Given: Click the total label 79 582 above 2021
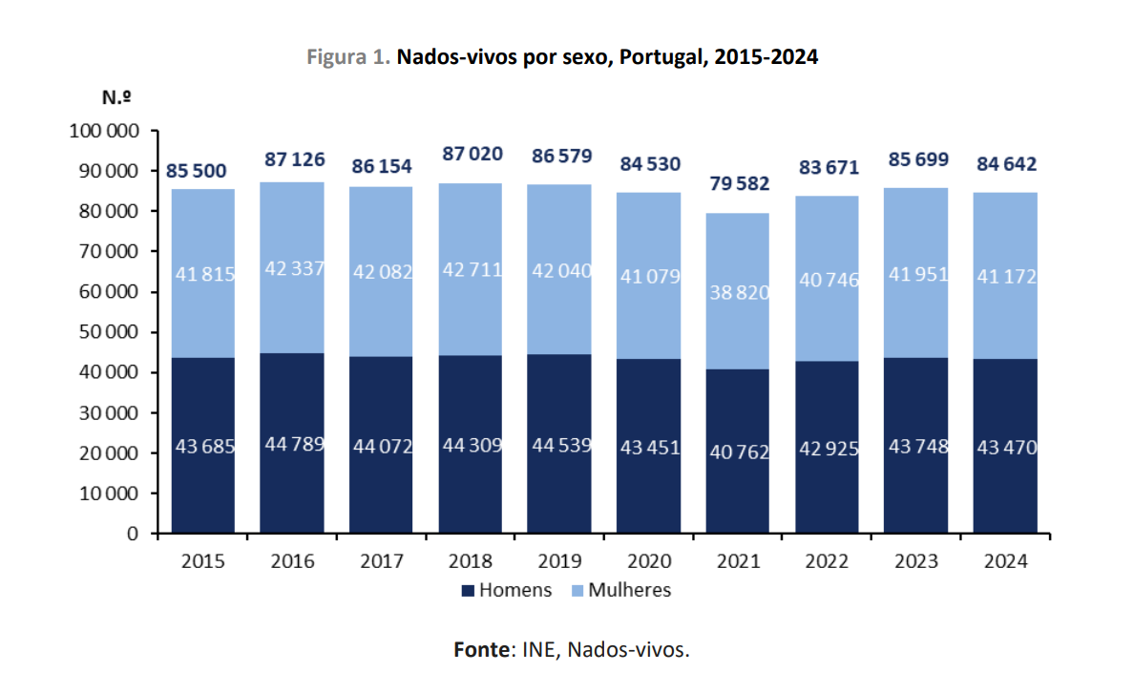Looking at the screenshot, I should tap(737, 183).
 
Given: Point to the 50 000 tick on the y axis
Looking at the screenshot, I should tap(106, 332).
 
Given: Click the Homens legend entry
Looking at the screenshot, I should tap(506, 590).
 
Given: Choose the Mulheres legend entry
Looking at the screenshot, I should tap(619, 590).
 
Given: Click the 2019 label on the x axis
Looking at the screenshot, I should tap(558, 561).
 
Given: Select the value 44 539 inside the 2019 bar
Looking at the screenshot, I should tap(558, 445).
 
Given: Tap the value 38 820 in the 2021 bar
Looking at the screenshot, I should tap(737, 293).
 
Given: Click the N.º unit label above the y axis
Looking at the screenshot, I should tap(116, 96).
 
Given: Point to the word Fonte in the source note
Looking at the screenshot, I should tap(481, 650).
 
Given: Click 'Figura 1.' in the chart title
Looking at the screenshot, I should tap(347, 57).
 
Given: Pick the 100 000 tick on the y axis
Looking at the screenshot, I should tap(102, 131).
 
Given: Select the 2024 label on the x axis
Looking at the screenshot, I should tap(1004, 561).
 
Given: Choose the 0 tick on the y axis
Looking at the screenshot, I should tap(133, 534).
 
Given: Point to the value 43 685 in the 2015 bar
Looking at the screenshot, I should tap(202, 445).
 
